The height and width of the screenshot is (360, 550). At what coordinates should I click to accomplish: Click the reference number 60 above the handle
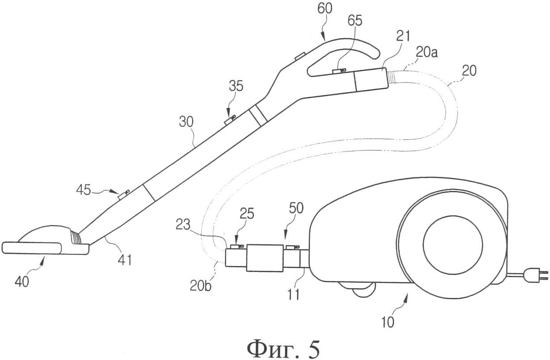click(x=325, y=8)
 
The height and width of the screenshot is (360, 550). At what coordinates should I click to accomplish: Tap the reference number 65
click(x=355, y=21)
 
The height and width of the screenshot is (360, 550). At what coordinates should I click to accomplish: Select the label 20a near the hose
click(x=427, y=53)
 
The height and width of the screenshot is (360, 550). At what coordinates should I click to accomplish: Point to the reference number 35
click(x=236, y=86)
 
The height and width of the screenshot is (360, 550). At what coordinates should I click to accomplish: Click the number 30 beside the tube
click(x=186, y=121)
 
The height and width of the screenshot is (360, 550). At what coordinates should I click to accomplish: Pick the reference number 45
click(x=84, y=190)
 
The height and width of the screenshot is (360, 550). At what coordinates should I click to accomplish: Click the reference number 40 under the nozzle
click(x=22, y=281)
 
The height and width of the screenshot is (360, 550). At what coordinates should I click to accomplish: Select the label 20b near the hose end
click(x=200, y=286)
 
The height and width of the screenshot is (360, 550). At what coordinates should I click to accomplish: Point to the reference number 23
click(x=183, y=225)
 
